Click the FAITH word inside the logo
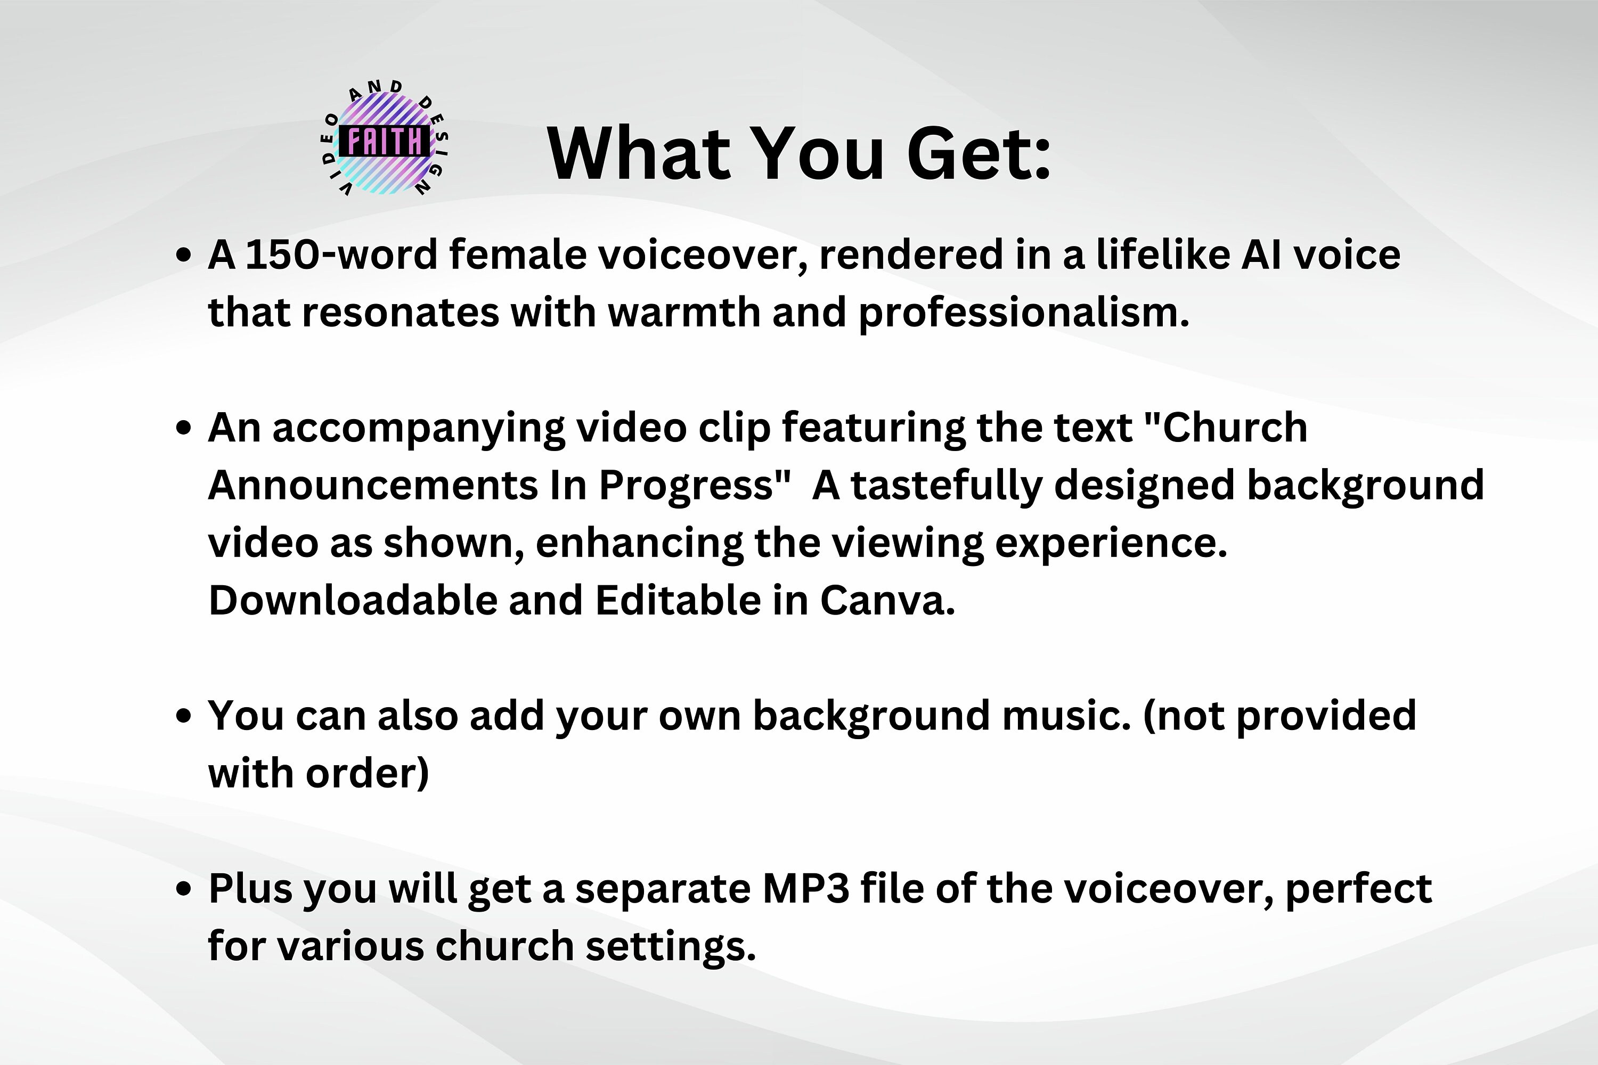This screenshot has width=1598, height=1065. (x=385, y=142)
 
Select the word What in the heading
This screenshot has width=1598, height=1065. (x=637, y=155)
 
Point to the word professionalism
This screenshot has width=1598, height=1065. (x=1023, y=314)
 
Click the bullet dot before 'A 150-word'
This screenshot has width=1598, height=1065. (x=183, y=256)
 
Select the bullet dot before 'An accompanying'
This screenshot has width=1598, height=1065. (x=183, y=429)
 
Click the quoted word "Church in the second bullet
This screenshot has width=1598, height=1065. (x=1226, y=428)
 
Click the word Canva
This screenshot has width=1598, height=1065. (x=887, y=601)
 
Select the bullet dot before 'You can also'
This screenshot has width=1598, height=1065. (x=183, y=717)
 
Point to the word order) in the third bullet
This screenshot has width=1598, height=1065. (x=367, y=774)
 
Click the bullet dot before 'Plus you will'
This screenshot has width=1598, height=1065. (x=183, y=890)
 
